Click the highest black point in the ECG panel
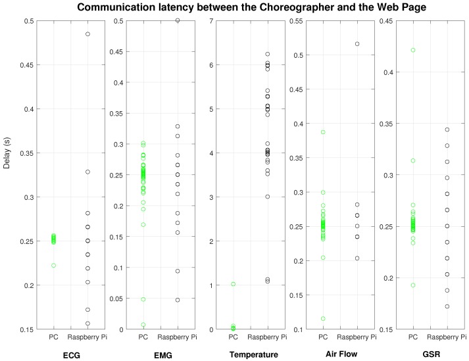(87, 34)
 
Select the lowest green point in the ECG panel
(53, 266)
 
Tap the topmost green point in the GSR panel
(413, 50)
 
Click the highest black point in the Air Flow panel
(357, 44)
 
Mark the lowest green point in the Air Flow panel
(323, 318)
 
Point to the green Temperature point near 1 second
(233, 284)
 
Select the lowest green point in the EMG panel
(143, 324)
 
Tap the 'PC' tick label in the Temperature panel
(233, 338)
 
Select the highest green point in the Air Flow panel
(323, 132)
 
